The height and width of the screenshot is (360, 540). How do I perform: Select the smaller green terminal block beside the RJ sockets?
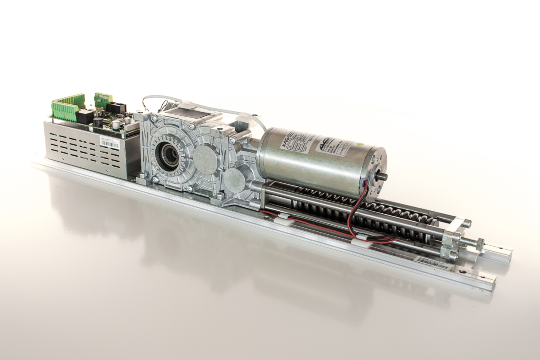pos(103,98)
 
